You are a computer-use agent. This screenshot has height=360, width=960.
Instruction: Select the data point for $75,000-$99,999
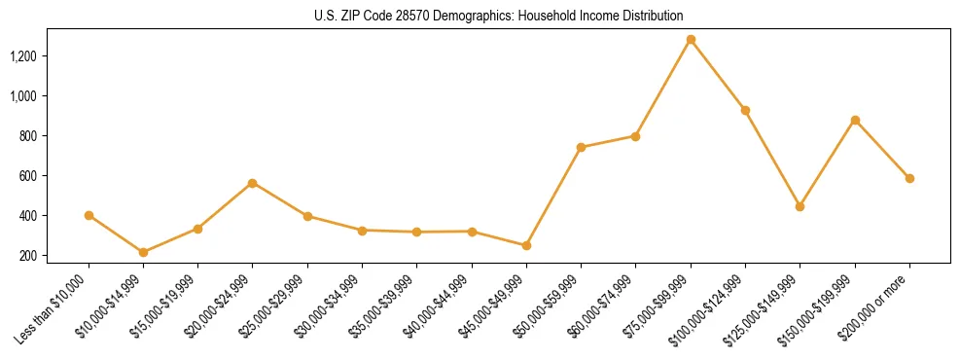point(691,40)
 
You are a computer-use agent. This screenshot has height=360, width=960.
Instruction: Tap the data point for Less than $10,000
point(89,215)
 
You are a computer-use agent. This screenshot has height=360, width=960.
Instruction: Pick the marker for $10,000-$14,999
point(143,252)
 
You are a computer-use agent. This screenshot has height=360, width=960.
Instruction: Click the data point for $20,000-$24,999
point(253,183)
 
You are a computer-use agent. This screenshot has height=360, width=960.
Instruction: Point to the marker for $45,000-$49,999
point(526,245)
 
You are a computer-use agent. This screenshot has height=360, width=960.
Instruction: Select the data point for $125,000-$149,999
point(800,206)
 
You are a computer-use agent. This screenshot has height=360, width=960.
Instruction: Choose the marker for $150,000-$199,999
point(855,120)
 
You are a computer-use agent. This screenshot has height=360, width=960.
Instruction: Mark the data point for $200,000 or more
point(909,178)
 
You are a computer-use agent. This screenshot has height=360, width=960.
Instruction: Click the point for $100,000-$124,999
point(745,110)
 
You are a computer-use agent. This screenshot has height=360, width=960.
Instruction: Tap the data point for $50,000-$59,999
point(581,147)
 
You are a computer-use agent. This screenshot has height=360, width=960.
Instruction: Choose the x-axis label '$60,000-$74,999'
point(605,306)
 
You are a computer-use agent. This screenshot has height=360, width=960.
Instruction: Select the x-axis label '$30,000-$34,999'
point(332,306)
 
